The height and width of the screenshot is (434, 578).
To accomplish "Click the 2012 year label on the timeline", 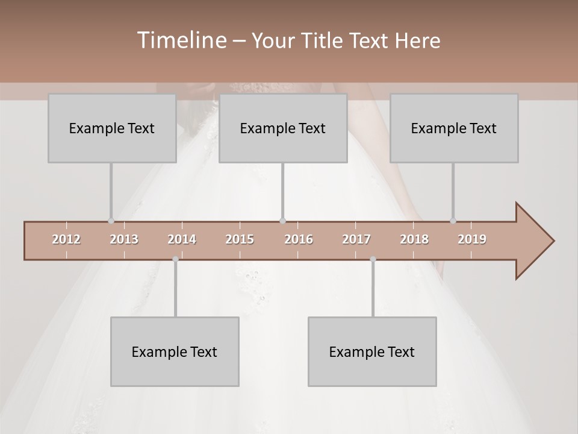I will click(66, 239).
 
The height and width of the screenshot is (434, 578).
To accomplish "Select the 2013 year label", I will click(124, 239).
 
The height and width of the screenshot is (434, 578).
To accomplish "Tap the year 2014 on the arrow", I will click(182, 239).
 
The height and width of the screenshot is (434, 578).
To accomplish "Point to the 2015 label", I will click(240, 239).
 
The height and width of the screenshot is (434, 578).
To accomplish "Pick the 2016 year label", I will click(299, 239).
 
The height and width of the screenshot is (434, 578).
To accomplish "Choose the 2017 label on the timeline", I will click(356, 239).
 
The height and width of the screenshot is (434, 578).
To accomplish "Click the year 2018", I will click(414, 239).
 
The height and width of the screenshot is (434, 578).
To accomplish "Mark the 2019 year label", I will click(472, 239).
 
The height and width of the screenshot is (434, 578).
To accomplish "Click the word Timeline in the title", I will click(181, 40).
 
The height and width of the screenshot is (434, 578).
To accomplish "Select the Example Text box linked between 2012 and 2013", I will click(112, 128).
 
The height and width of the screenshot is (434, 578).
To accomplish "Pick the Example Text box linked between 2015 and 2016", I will click(283, 128).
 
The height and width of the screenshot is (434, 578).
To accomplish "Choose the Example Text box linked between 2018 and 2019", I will click(454, 128).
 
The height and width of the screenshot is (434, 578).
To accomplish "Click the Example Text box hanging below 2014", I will click(175, 351).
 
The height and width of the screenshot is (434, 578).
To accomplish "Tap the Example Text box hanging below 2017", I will click(372, 351).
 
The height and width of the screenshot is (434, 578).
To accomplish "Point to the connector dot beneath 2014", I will click(175, 259).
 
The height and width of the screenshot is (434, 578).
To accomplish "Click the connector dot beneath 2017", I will click(373, 259).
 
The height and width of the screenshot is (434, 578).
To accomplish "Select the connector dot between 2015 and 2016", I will click(282, 221).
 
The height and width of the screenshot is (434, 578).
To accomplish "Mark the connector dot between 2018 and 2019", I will click(453, 221).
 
